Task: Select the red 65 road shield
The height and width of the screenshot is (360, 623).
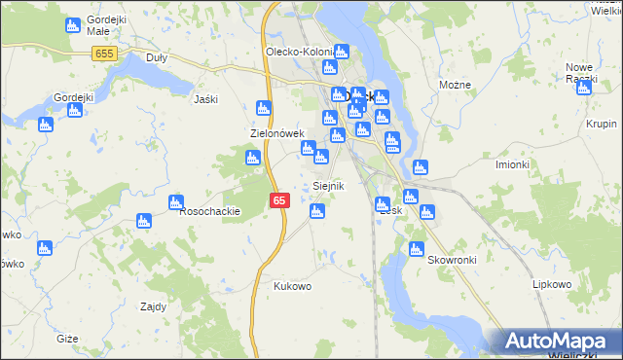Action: point(279,200)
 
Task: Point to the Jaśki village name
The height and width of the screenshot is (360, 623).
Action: point(205,99)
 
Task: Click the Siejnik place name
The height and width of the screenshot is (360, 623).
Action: point(328,185)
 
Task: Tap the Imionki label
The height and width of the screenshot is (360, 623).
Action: point(511,163)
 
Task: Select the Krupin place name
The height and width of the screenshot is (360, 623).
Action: point(603,124)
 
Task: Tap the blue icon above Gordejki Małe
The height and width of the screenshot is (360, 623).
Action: point(72,26)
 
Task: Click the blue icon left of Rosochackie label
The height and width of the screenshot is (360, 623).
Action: point(175,203)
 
